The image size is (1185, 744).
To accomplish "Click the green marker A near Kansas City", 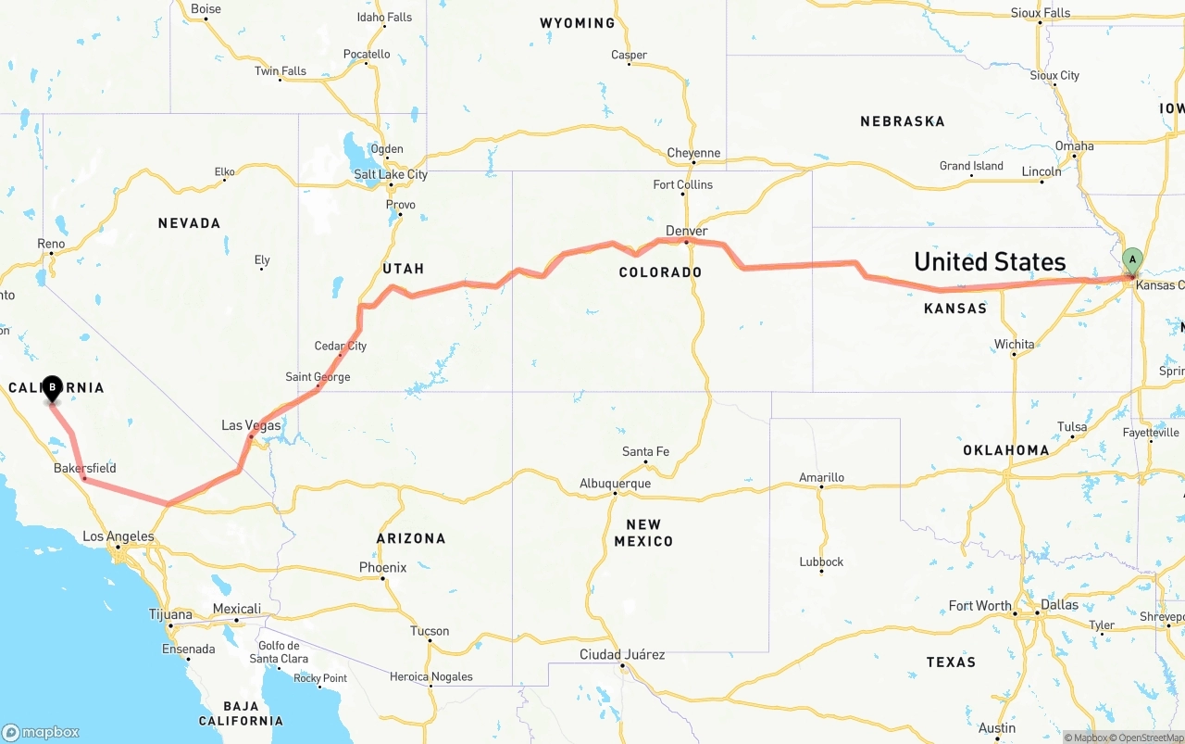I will point(1131,260).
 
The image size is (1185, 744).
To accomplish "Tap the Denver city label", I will point(686,231).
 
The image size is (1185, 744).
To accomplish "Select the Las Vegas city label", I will point(251,425).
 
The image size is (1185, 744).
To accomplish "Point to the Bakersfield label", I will point(85,468).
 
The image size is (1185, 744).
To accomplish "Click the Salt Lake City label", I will point(391,174).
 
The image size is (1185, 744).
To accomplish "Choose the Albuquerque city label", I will point(615,483).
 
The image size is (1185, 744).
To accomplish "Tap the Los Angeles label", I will point(118,536).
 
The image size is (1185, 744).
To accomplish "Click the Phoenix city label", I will point(382,567).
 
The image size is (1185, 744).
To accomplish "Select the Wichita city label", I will point(1015,344).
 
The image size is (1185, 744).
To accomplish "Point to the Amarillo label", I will point(821,477).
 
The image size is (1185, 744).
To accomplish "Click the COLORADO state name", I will point(660,272).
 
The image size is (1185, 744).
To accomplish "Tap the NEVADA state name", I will point(189,222).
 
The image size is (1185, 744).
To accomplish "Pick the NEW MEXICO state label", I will point(643,533).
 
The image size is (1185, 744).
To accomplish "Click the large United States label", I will point(990,261).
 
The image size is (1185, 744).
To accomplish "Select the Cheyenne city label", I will point(693,153).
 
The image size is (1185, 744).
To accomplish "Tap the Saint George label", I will point(318,377).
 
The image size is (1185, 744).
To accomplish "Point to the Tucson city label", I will point(430,631).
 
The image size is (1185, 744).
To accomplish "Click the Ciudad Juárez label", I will point(622,654).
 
